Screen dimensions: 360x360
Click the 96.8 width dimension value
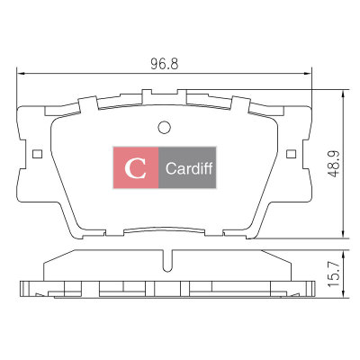(165, 64)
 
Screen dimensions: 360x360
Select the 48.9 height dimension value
(333, 164)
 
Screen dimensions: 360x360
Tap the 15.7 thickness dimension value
(333, 274)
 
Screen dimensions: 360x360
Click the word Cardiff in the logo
(189, 168)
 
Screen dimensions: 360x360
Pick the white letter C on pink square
(136, 168)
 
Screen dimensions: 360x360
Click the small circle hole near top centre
(164, 127)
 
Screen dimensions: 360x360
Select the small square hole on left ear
(37, 154)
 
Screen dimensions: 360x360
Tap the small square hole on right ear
(291, 154)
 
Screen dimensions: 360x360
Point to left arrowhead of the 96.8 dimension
(21, 73)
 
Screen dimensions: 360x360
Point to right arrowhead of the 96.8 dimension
(309, 73)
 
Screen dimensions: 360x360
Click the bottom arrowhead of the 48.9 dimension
(343, 235)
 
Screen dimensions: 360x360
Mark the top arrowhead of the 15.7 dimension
(343, 254)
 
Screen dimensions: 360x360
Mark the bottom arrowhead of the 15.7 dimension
(343, 294)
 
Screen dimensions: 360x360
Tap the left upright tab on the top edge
(89, 103)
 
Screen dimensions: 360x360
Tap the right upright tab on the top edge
(240, 103)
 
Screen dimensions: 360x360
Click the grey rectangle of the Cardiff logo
(187, 167)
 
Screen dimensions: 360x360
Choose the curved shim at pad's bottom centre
(165, 230)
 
